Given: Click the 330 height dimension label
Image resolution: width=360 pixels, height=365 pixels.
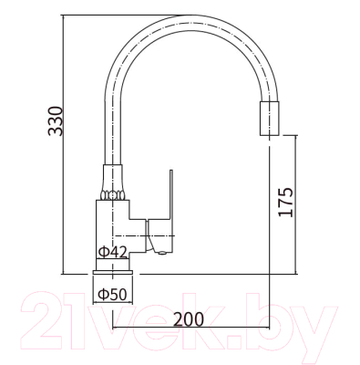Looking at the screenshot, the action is [56, 121].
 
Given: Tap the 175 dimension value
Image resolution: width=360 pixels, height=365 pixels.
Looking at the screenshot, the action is [286, 203].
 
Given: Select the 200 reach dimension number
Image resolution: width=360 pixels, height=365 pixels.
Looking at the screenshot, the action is [190, 319].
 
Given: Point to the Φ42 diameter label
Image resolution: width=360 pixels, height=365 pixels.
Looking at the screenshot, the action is [112, 252].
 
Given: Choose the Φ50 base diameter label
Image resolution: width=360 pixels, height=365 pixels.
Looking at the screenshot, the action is [112, 294].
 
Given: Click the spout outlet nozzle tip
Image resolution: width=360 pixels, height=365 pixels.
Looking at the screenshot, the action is [269, 119].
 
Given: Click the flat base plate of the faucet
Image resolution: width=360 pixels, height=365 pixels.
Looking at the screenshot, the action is [113, 273].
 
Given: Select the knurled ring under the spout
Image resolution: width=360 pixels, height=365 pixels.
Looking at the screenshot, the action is [113, 195].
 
